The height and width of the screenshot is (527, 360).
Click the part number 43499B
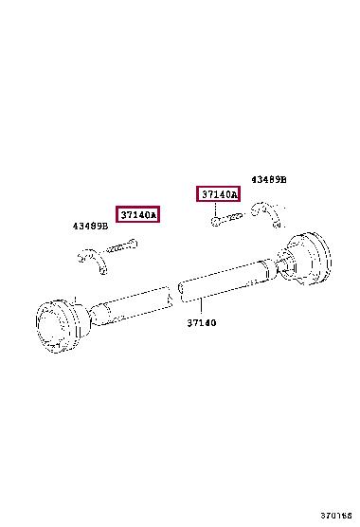[90, 227]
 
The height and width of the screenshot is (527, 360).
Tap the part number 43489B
[269, 180]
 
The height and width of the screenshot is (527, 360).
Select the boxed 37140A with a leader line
[218, 194]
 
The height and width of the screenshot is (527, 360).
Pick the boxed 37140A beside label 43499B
[137, 214]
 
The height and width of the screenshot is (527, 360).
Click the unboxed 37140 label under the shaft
[202, 323]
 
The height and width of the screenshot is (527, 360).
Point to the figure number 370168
[335, 516]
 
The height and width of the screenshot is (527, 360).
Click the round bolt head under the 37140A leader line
[215, 221]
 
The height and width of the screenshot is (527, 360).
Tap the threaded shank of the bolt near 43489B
[231, 217]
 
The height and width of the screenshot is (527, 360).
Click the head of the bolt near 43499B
[133, 243]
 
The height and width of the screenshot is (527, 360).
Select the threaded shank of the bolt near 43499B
[117, 248]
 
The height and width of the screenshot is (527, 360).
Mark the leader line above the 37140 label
[201, 307]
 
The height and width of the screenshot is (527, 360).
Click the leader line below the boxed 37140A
[215, 209]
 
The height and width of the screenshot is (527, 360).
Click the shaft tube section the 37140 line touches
[226, 281]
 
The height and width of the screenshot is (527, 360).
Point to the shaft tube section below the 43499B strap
[131, 306]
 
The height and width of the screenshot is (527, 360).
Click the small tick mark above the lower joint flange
[76, 300]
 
